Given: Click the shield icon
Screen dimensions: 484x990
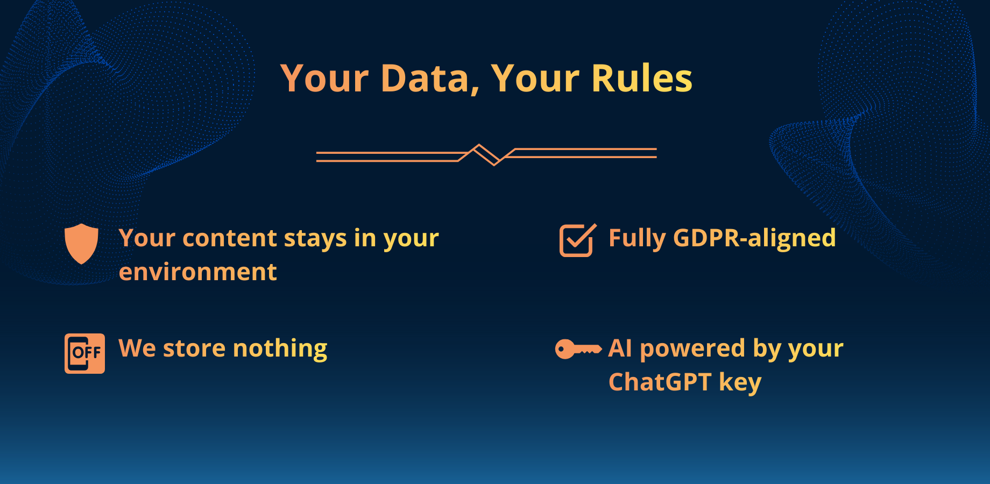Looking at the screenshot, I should tap(81, 244).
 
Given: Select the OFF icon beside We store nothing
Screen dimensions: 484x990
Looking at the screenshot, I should tap(84, 353).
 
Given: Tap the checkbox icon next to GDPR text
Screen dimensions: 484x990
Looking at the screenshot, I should tap(577, 240).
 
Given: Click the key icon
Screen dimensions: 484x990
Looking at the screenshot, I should tap(577, 349).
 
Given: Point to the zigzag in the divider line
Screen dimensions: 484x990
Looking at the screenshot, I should tap(486, 155).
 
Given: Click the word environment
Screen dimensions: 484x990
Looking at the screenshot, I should tap(197, 272).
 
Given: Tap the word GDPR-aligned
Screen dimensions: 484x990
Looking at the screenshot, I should tap(754, 238).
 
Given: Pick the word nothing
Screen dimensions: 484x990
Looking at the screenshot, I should tap(280, 349).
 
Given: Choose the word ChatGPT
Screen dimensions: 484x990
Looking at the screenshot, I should tap(660, 382).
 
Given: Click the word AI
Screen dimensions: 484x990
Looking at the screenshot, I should tap(620, 348).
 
